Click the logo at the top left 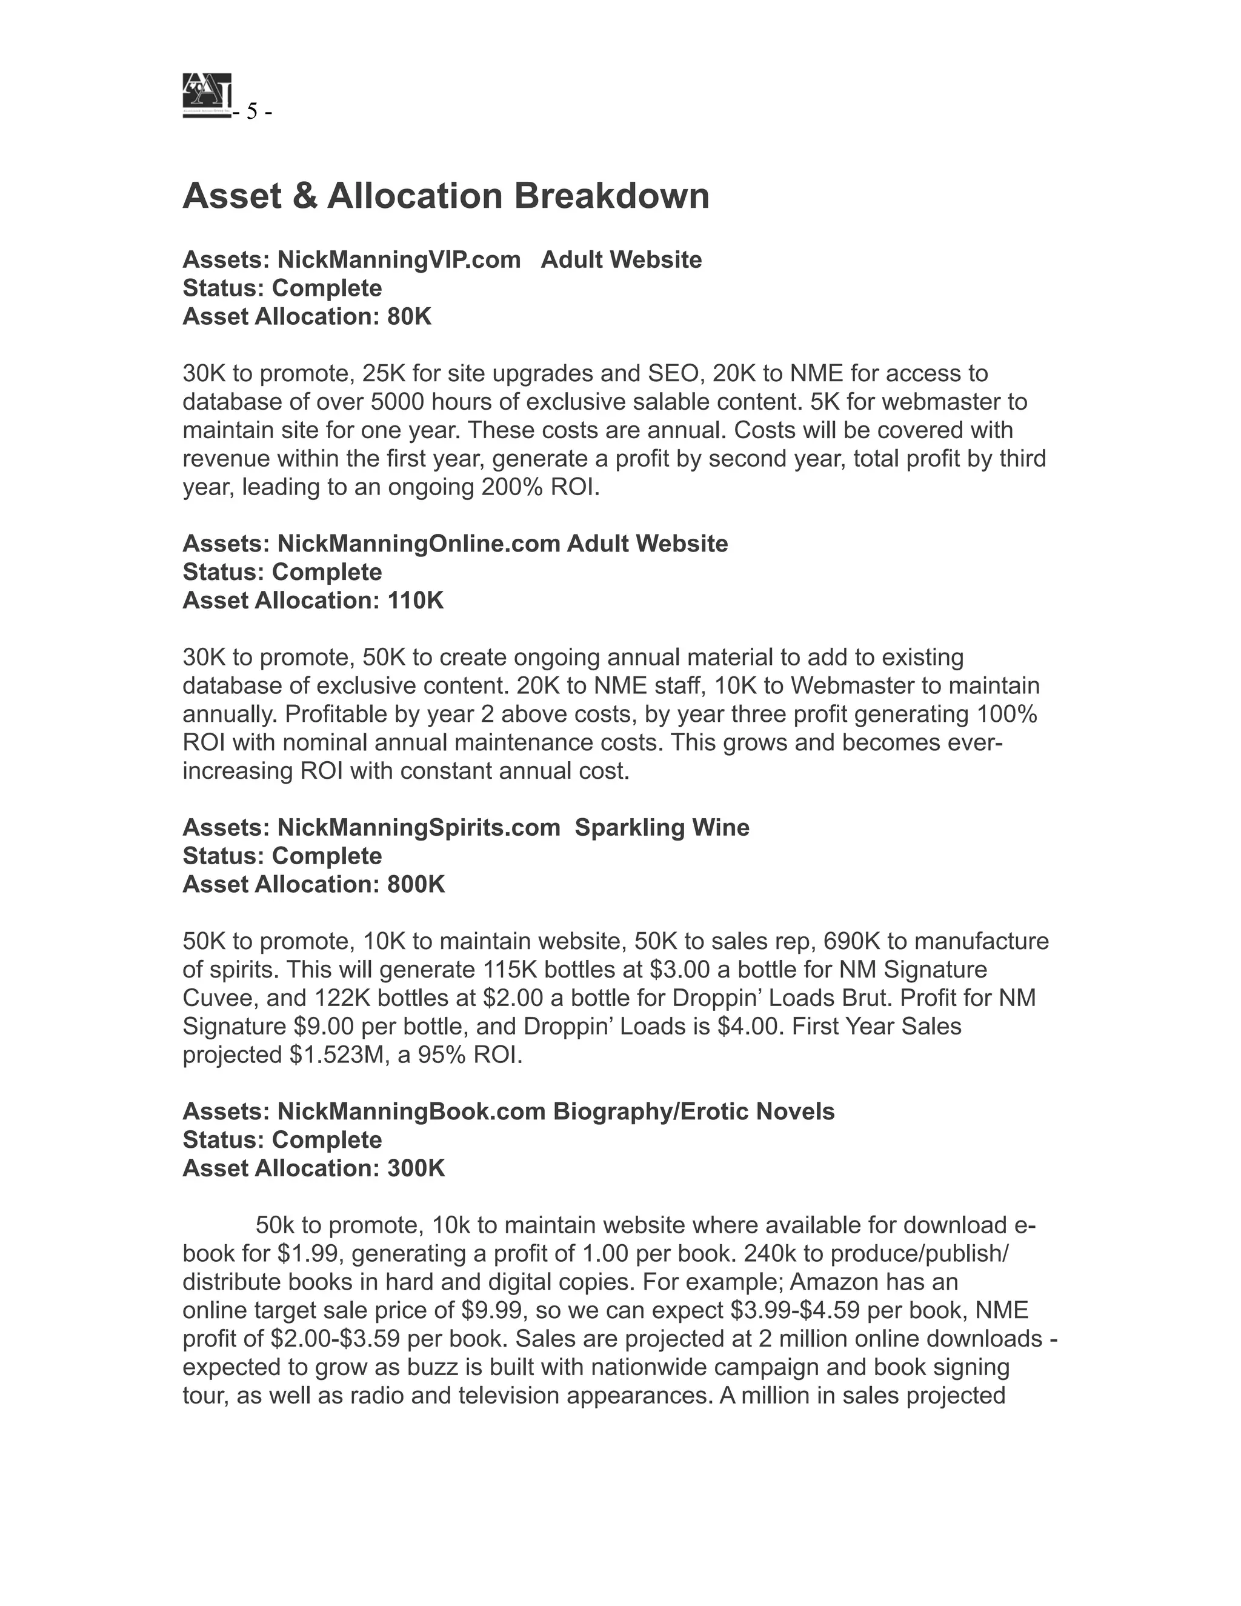pyautogui.click(x=207, y=95)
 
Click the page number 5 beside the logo pyautogui.click(x=252, y=112)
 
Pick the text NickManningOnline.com pyautogui.click(x=419, y=544)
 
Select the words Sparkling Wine pyautogui.click(x=662, y=827)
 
